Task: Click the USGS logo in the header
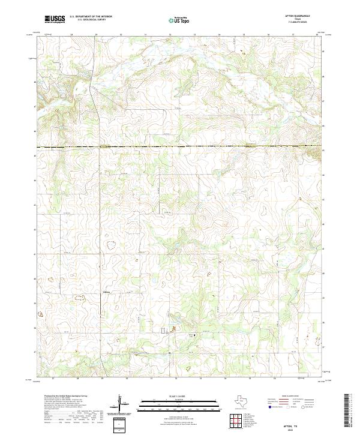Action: pyautogui.click(x=55, y=20)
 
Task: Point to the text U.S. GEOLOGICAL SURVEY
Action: pyautogui.click(x=91, y=20)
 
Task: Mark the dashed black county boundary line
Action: pyautogui.click(x=180, y=146)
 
